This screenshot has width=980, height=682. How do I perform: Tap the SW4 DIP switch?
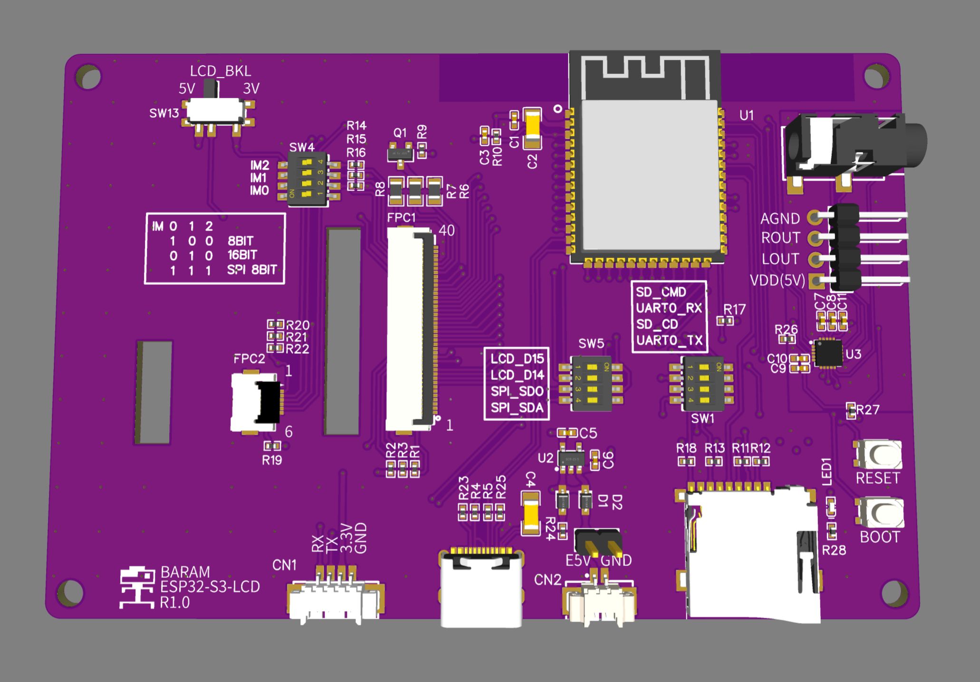(x=308, y=179)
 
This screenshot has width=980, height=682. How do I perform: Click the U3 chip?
(x=828, y=353)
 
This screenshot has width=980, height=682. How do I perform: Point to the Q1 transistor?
(x=400, y=154)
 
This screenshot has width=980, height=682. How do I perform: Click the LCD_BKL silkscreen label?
(x=221, y=71)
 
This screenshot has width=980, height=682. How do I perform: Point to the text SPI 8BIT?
(x=252, y=270)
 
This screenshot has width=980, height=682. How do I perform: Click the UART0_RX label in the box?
(x=669, y=308)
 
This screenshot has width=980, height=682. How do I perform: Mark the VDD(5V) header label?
(x=778, y=281)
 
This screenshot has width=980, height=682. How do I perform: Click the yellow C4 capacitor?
(x=530, y=513)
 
